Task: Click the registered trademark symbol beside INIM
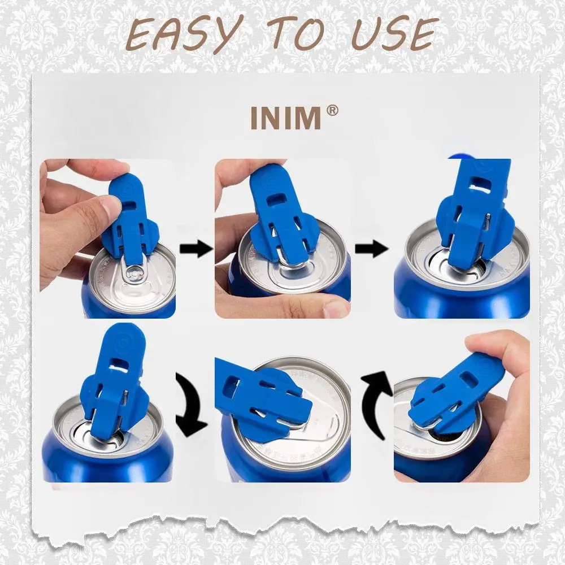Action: pyautogui.click(x=333, y=110)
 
